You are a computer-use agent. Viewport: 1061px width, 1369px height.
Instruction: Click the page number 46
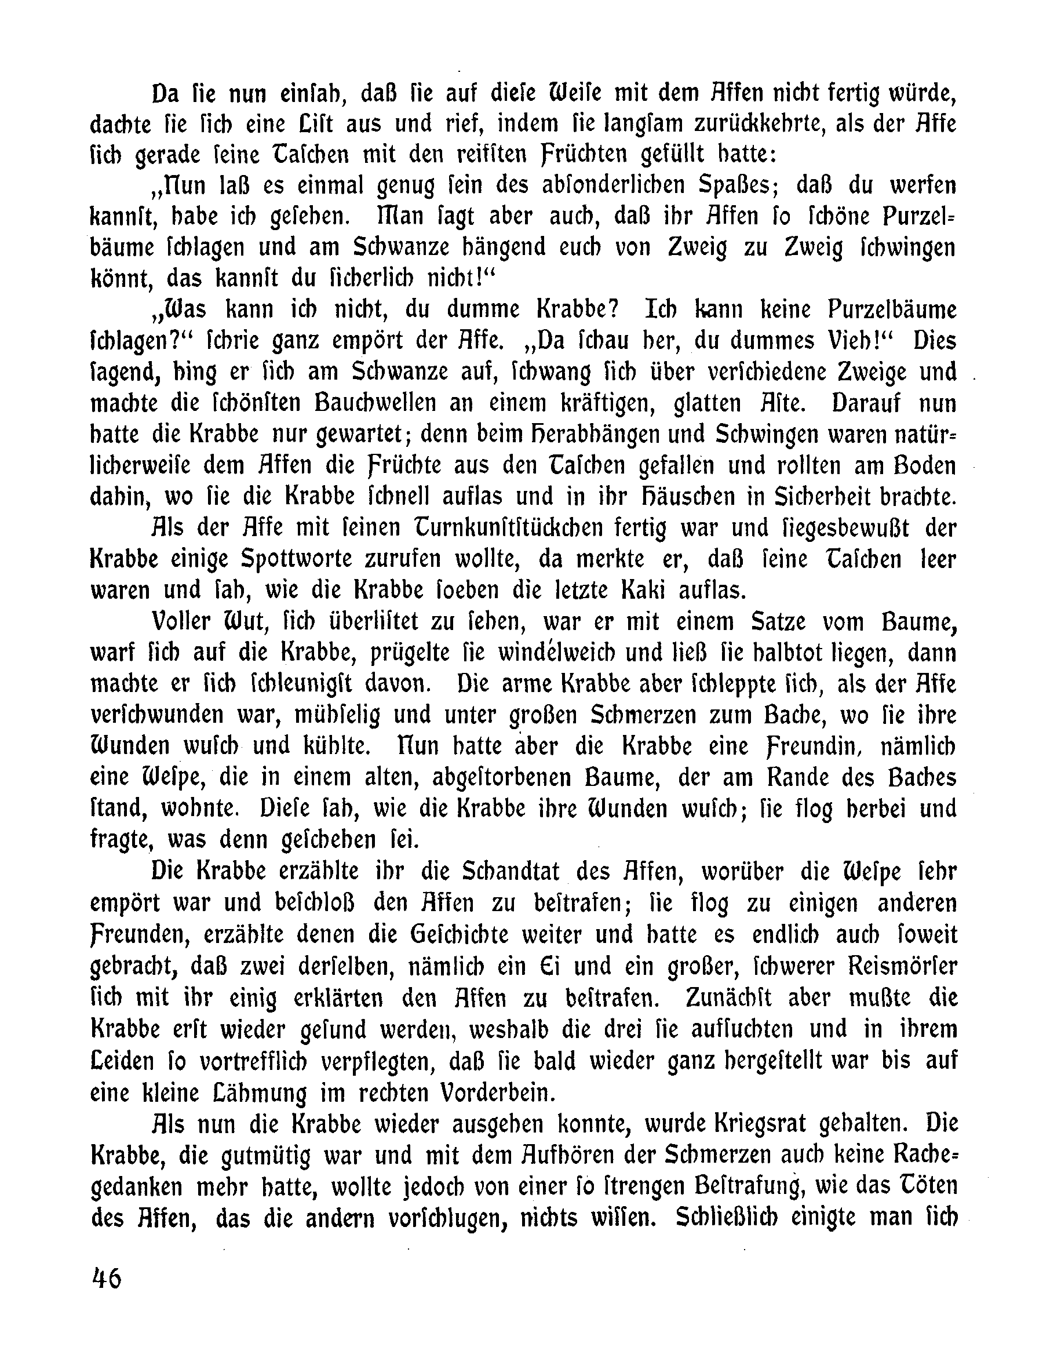pos(107,1279)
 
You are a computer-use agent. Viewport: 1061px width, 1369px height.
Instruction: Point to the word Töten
pos(921,1186)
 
